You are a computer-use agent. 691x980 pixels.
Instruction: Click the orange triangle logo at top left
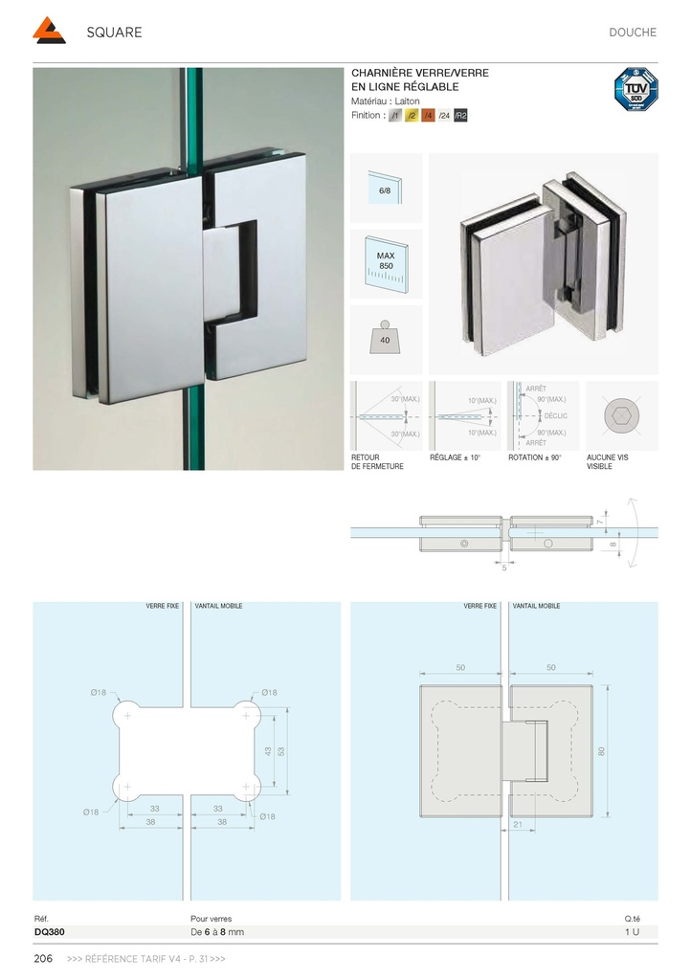(49, 32)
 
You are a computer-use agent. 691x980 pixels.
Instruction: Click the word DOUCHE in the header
(632, 33)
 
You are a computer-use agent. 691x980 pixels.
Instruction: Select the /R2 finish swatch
(460, 116)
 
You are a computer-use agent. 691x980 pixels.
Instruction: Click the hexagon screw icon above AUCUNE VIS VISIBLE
(621, 416)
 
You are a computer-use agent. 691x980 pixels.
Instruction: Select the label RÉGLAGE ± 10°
(455, 458)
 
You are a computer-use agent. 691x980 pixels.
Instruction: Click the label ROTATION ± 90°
(535, 458)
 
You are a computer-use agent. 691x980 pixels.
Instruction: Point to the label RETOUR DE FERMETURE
(377, 462)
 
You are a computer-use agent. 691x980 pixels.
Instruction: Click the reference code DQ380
(49, 931)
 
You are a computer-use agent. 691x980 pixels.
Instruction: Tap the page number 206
(43, 959)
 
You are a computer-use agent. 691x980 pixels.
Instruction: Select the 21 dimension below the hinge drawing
(518, 824)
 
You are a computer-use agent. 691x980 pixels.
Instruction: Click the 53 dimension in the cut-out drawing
(280, 751)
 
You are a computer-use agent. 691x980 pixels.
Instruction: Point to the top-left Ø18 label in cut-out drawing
(99, 692)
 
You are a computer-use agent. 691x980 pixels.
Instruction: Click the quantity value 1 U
(632, 931)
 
